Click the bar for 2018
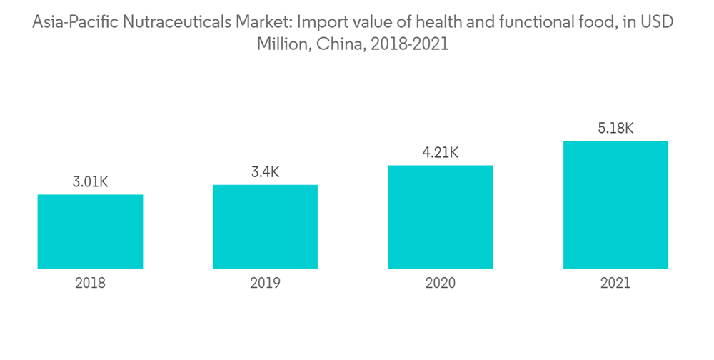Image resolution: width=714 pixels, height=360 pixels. point(90,231)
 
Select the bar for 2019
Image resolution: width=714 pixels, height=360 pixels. point(265,226)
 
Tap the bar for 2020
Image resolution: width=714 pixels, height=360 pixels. point(441,217)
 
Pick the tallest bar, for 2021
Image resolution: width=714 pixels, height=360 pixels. point(615,205)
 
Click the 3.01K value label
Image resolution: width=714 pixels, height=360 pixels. point(90,182)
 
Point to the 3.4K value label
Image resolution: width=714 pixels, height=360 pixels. point(265,172)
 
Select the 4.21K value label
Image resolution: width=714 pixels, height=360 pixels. point(441,153)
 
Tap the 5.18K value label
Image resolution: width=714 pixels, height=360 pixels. point(615,129)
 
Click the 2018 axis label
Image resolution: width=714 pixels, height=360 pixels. point(90,284)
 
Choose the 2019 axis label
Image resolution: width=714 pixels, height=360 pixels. point(265,284)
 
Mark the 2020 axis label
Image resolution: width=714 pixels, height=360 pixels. point(441,284)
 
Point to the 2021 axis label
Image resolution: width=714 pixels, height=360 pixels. point(615,284)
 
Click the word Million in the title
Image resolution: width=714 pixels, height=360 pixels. point(282,44)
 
